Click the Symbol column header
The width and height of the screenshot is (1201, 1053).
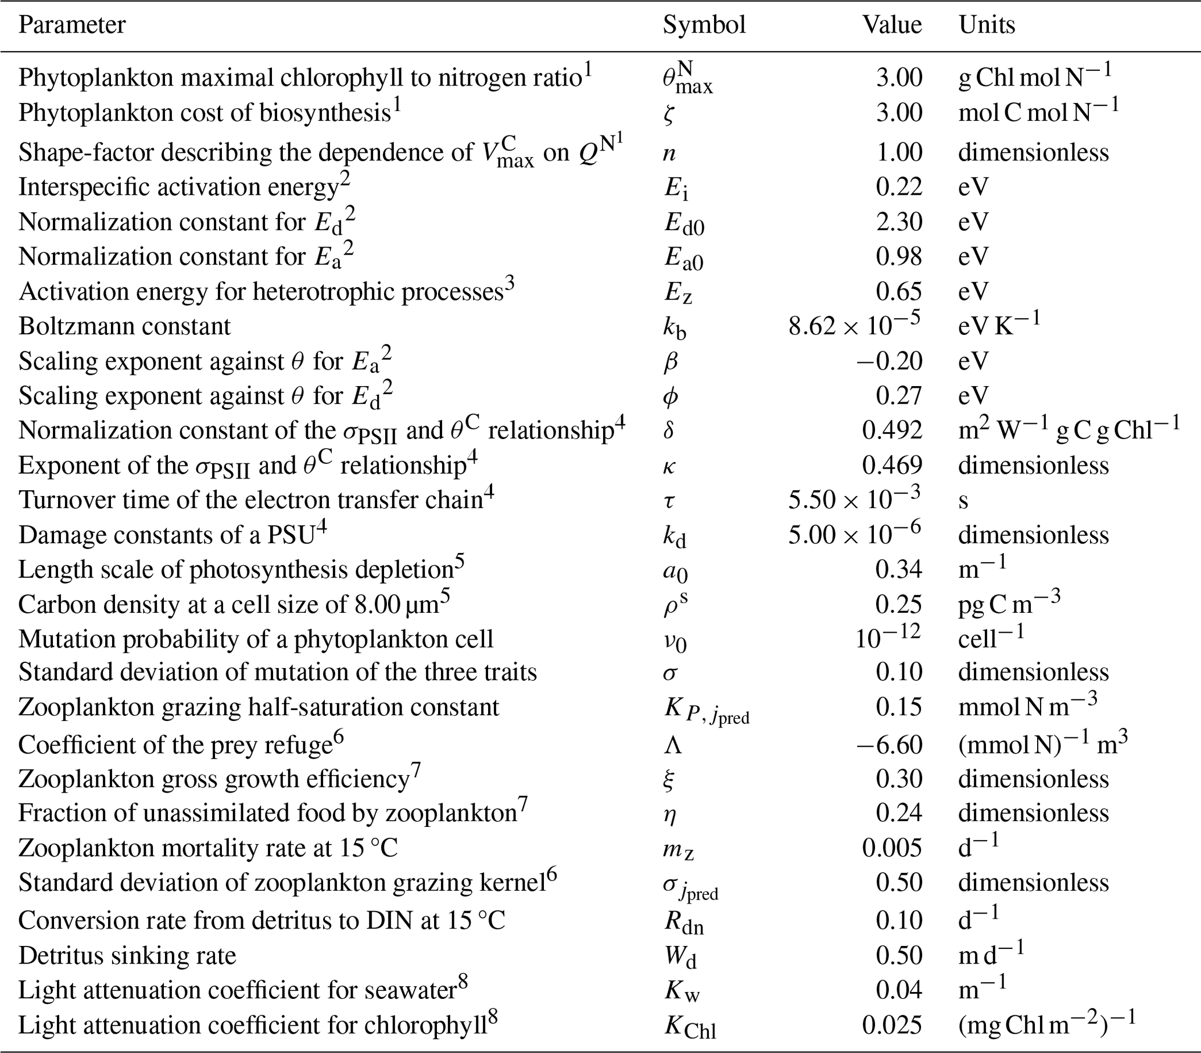click(x=704, y=24)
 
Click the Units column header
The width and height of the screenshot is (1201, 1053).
click(x=987, y=24)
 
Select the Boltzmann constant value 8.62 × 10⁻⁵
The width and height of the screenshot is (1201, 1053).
click(x=855, y=325)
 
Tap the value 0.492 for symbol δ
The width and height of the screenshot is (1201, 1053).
click(x=891, y=430)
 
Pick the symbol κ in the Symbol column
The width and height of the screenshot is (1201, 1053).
click(x=669, y=466)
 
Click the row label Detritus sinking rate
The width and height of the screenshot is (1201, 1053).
click(x=127, y=955)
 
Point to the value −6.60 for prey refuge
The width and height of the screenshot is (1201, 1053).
click(x=889, y=744)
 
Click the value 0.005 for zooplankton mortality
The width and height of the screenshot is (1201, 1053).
click(x=891, y=848)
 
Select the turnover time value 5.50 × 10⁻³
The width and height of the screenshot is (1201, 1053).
click(x=855, y=499)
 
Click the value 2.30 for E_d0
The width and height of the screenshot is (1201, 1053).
click(x=898, y=222)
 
